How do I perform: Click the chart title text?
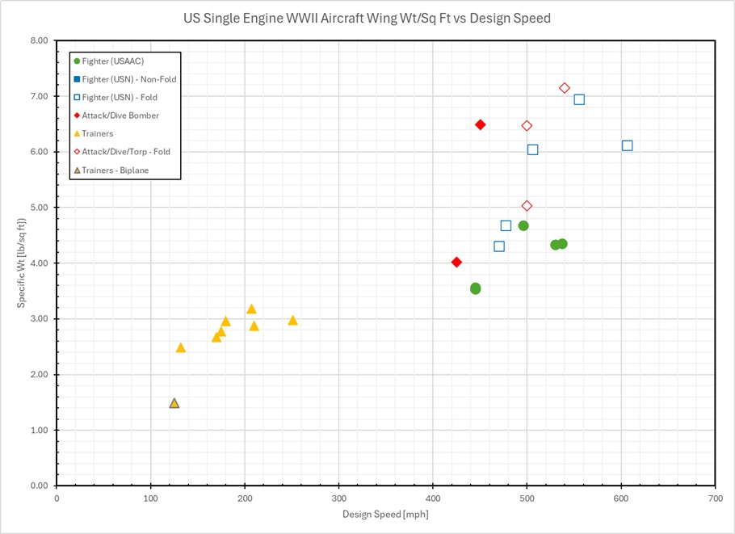click(x=367, y=18)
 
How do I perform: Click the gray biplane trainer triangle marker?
click(x=174, y=403)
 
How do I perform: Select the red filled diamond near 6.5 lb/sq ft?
click(x=480, y=124)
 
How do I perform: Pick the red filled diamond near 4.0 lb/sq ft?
click(x=456, y=262)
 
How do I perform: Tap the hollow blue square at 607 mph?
click(x=627, y=145)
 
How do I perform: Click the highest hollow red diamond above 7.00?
click(x=565, y=88)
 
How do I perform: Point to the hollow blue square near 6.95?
click(x=579, y=99)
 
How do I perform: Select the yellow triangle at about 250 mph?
click(x=292, y=321)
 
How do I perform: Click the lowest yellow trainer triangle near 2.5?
click(x=180, y=347)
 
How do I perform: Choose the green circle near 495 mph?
click(x=523, y=225)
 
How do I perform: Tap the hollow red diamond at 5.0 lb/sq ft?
click(x=527, y=206)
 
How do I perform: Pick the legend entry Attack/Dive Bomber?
click(x=120, y=116)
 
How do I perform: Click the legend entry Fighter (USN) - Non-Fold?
click(x=128, y=79)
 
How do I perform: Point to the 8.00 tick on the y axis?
click(x=38, y=40)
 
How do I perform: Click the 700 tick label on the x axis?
click(x=715, y=499)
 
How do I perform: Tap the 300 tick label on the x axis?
click(x=338, y=499)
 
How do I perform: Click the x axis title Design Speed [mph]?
click(x=385, y=515)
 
